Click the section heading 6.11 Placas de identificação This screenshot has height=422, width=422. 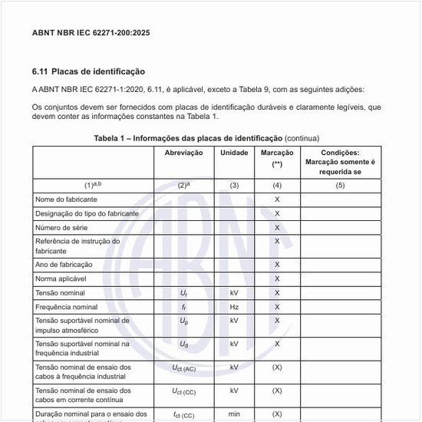[88, 71]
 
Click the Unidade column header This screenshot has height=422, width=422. [234, 153]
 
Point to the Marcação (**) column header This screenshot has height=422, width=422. [277, 158]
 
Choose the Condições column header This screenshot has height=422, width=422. [339, 162]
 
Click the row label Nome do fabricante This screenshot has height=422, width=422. [64, 199]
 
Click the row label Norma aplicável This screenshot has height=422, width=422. [61, 279]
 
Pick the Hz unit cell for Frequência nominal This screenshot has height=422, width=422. [234, 307]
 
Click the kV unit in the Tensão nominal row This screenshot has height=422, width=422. [234, 293]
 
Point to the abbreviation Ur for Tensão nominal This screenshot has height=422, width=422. [183, 293]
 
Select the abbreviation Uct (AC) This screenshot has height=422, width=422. [183, 368]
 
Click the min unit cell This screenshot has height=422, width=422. [234, 414]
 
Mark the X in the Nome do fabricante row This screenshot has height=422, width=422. [277, 199]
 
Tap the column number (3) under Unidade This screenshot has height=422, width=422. [234, 185]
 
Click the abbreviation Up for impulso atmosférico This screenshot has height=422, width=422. [183, 321]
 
